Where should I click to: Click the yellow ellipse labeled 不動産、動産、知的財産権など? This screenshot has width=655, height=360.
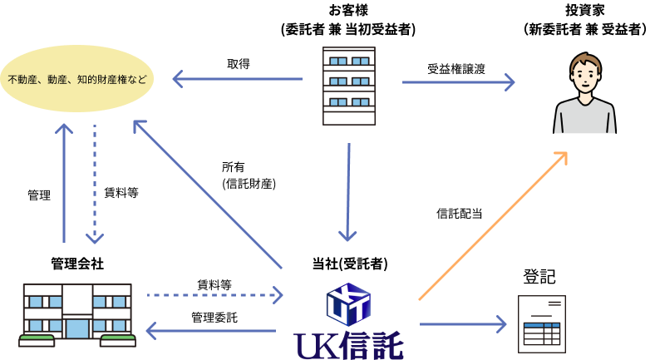click(76, 79)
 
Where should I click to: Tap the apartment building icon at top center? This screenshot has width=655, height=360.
click(348, 86)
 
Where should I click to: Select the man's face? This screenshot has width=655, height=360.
click(585, 80)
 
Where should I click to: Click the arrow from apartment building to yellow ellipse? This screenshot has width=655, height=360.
click(237, 79)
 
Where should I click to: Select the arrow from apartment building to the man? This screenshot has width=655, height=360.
click(457, 82)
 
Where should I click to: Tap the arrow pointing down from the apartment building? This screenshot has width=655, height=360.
click(348, 191)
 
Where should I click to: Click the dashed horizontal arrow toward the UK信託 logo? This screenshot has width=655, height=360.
click(214, 295)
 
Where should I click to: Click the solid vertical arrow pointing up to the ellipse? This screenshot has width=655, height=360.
click(64, 183)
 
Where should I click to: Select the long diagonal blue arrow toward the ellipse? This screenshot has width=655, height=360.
click(208, 195)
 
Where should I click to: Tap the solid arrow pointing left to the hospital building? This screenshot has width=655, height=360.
click(211, 331)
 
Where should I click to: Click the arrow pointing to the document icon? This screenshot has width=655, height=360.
click(462, 324)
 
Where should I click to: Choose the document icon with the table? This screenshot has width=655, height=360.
click(541, 324)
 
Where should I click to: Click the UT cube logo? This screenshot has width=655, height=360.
click(348, 303)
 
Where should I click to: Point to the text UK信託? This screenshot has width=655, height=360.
click(348, 345)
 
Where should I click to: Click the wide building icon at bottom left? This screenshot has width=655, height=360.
click(77, 313)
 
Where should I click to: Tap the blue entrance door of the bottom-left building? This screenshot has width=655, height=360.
click(77, 328)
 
